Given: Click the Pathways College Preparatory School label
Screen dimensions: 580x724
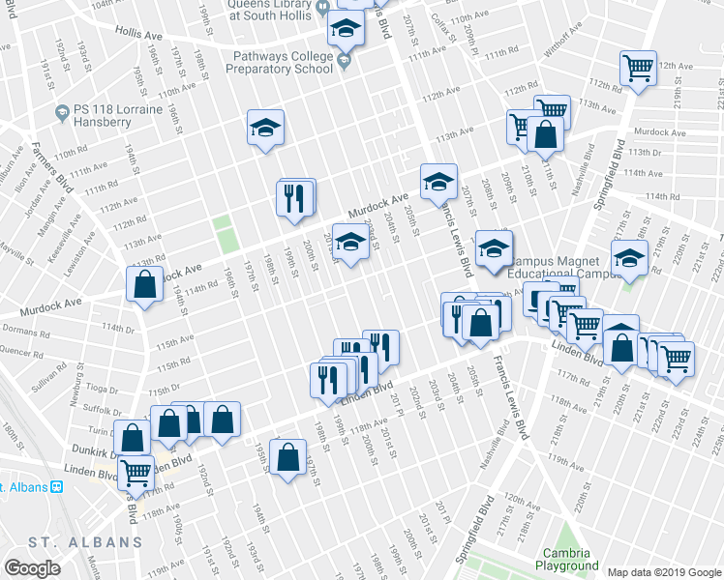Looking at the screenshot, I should click(x=281, y=62).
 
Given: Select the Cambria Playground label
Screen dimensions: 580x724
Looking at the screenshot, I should click(x=568, y=559).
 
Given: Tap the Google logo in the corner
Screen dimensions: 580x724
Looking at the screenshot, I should click(x=32, y=568).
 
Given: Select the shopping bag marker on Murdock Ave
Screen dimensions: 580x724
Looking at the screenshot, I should click(x=144, y=285).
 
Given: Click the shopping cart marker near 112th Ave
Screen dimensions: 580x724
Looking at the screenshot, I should click(x=638, y=68).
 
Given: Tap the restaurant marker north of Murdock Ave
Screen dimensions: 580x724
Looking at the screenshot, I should click(x=295, y=198).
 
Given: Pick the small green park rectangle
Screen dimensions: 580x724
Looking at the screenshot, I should click(x=225, y=235).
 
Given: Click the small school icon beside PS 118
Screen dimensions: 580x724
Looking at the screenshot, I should click(x=62, y=111).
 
